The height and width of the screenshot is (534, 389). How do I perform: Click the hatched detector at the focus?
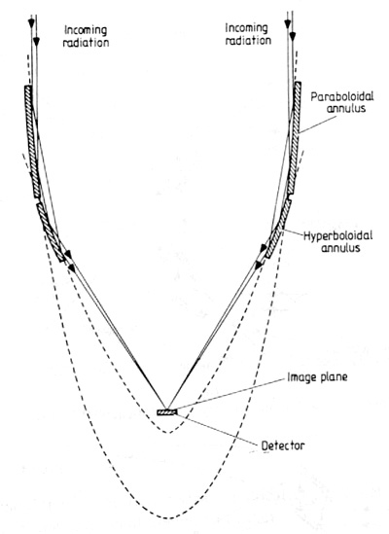click(x=166, y=412)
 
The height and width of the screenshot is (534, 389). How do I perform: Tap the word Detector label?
click(x=283, y=445)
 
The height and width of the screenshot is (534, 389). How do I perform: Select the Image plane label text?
click(x=317, y=377)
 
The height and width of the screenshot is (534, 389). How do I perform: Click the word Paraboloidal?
click(x=341, y=96)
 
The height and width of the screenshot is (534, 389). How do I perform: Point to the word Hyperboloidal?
click(x=337, y=236)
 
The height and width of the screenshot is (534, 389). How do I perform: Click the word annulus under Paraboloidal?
click(x=346, y=108)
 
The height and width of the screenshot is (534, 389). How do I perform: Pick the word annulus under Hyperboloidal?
click(x=340, y=248)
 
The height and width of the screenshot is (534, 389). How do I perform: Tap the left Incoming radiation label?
click(x=87, y=36)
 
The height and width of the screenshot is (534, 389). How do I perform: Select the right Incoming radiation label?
click(x=248, y=34)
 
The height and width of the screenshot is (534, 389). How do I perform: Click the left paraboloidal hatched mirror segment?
click(x=33, y=141)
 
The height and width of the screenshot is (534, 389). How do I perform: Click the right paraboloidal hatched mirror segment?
click(x=295, y=138)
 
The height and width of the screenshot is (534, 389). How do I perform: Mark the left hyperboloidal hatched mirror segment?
click(x=51, y=232)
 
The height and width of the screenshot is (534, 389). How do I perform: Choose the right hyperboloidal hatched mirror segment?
click(x=278, y=229)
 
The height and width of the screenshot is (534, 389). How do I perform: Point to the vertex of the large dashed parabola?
click(x=168, y=518)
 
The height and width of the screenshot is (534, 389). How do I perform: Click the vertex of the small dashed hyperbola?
click(x=168, y=433)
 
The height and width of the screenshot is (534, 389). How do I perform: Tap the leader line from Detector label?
click(x=218, y=429)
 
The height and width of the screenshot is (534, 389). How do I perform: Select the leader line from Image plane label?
click(x=230, y=393)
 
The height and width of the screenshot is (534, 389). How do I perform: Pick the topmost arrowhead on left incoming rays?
click(x=32, y=23)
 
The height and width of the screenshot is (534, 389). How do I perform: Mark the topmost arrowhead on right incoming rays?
click(x=288, y=23)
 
